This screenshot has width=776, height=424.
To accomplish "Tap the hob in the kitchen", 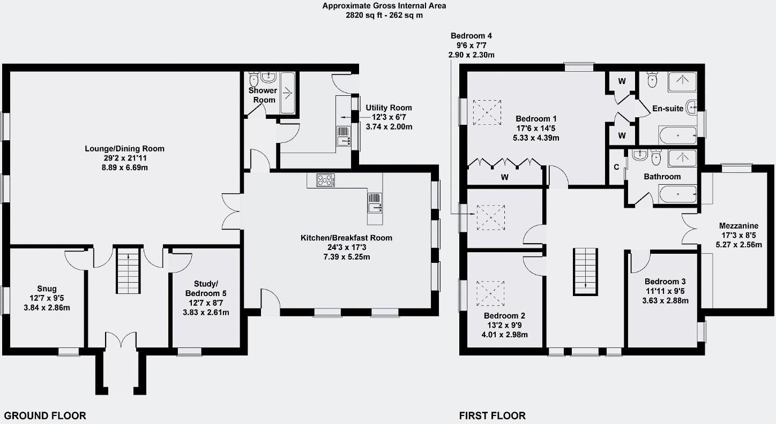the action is pos(325,180).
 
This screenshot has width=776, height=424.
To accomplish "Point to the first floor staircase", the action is pos(586,271).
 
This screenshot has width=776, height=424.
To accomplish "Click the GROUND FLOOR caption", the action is pos(45,415).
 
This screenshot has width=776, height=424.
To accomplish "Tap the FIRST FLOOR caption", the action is pos(493,415).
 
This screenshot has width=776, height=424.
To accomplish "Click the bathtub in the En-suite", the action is pos(677,135).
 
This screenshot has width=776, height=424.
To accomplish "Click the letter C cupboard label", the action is pos(616,167).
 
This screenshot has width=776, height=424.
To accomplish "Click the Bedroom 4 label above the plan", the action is pos(471,36).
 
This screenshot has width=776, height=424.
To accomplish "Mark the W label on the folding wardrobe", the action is pos(504,177).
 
